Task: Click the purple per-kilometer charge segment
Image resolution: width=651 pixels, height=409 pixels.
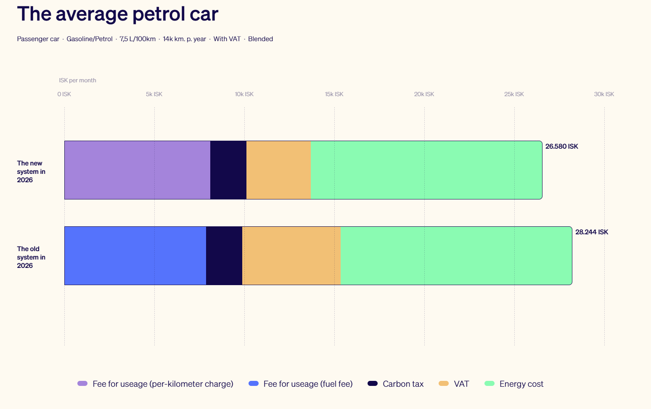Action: coord(137,170)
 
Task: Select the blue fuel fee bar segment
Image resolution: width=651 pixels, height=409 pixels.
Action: coord(135,256)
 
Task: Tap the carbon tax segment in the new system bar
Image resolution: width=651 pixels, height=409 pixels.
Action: coord(228,170)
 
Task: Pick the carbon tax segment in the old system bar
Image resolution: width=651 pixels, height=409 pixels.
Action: coord(224,256)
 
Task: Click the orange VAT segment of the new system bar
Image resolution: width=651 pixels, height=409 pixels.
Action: coord(278,170)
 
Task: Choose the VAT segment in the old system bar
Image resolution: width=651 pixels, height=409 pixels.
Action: coord(291,256)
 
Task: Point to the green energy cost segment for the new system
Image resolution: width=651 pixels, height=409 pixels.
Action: coord(426,170)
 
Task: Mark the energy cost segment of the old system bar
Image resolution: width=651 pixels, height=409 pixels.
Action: coord(456,256)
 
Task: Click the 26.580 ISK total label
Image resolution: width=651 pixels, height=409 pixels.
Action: coord(561,147)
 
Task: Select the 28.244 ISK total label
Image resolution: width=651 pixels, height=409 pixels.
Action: coord(591,232)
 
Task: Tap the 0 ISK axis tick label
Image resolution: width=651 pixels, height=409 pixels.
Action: coord(64,94)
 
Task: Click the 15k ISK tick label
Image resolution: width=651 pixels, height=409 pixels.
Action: coord(334,94)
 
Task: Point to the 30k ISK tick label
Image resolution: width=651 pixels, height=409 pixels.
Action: coord(604,94)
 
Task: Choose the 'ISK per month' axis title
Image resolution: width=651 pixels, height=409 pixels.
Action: coord(77,80)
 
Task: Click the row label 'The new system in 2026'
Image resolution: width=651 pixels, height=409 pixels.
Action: coord(31,171)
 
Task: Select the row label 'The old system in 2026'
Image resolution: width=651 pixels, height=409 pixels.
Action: coord(31,257)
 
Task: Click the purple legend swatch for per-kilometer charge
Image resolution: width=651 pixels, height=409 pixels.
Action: coord(82,383)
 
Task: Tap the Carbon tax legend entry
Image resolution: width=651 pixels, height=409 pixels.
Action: coord(402,384)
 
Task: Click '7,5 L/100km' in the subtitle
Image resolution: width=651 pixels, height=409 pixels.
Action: coord(138,39)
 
